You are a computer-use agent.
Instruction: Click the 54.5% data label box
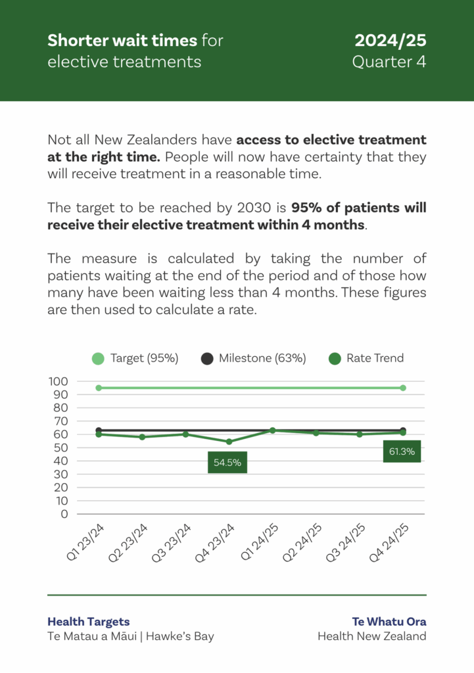click(x=227, y=462)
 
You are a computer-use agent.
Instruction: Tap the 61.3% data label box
click(x=402, y=452)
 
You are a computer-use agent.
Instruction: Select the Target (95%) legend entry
click(x=135, y=358)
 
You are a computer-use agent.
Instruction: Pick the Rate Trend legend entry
click(x=366, y=358)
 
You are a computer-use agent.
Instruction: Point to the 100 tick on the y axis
click(x=59, y=381)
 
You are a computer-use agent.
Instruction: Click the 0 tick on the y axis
click(x=64, y=514)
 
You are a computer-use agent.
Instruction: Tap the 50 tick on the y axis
click(x=61, y=448)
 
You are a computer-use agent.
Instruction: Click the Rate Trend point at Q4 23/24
click(x=229, y=442)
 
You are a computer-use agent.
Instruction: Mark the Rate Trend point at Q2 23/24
click(x=142, y=437)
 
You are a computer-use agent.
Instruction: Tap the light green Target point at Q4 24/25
click(x=402, y=388)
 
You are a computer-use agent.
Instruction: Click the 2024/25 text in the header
click(x=391, y=41)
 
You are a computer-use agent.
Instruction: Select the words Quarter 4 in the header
click(x=389, y=62)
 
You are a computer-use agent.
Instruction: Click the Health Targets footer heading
click(x=89, y=622)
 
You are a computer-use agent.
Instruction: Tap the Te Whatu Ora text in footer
click(x=389, y=622)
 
